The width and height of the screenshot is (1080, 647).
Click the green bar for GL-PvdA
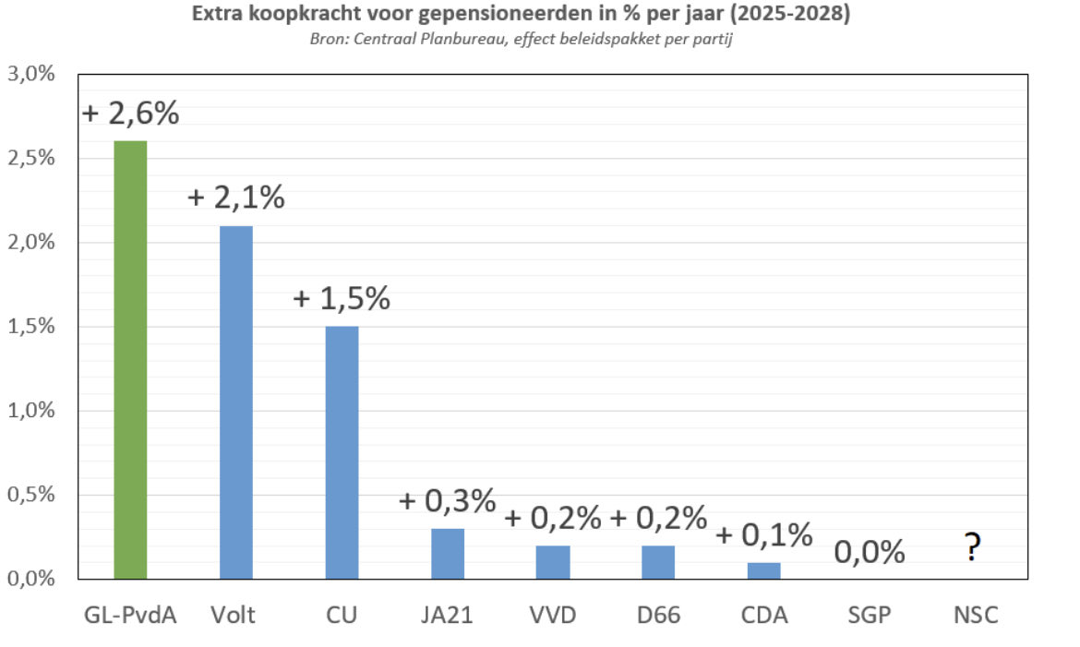130,360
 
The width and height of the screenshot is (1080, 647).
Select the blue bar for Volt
236,402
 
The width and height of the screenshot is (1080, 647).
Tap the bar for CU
342,452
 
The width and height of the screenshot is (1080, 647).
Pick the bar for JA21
448,554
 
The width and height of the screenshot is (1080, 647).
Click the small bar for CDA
763,570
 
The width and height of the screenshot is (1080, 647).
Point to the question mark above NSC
971,548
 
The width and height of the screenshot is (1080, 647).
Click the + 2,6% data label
131,114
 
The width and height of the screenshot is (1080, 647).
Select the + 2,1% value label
236,198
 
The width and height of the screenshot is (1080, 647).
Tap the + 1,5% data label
342,299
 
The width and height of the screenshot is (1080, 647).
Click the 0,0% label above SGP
870,552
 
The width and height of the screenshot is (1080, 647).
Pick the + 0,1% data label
763,534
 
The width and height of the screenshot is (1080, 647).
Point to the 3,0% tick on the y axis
32,75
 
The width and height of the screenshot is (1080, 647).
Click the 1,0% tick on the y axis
32,411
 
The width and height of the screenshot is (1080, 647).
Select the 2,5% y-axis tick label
32,159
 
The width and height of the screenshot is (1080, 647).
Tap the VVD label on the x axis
553,615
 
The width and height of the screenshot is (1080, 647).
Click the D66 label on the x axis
658,615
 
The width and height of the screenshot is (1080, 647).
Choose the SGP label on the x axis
870,615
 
